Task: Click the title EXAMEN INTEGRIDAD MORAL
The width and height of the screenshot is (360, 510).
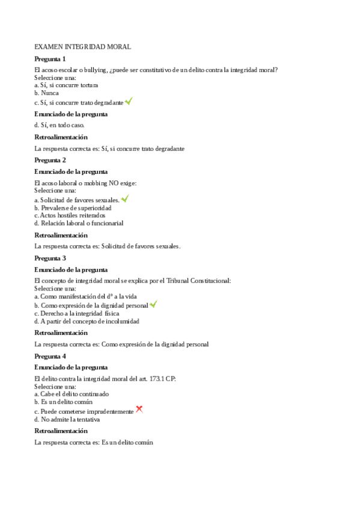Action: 83,46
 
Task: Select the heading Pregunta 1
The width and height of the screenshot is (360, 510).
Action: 50,58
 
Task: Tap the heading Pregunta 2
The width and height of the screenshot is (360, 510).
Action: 50,160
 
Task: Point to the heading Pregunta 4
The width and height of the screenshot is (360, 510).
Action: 50,355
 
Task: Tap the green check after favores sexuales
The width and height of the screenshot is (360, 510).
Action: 124,198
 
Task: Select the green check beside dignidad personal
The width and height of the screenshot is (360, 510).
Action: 153,304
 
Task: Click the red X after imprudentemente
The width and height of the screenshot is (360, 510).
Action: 139,410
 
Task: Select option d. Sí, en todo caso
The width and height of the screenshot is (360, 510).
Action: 59,125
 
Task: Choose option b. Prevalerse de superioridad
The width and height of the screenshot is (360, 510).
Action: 73,207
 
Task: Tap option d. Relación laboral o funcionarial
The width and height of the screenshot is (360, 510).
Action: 79,223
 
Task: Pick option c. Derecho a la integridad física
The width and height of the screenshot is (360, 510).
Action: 76,313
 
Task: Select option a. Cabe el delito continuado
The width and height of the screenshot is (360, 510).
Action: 72,394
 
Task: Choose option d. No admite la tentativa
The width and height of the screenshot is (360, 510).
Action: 67,419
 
